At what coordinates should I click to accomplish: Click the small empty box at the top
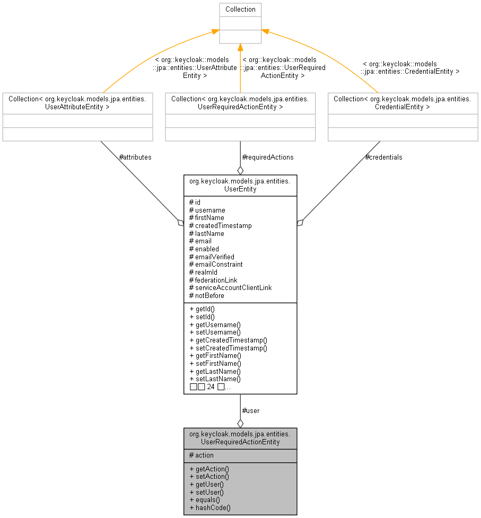(x=240, y=23)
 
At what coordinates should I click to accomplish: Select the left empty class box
(x=77, y=117)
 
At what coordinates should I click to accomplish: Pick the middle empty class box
(x=240, y=117)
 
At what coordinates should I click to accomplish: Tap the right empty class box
(x=403, y=117)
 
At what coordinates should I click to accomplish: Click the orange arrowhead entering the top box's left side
(x=215, y=32)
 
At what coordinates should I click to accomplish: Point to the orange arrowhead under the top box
(x=240, y=48)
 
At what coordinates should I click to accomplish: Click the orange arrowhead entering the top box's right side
(x=265, y=32)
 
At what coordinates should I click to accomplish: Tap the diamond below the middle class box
(x=240, y=170)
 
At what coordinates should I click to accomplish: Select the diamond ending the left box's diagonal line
(x=180, y=223)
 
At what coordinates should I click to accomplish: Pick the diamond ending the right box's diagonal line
(x=300, y=223)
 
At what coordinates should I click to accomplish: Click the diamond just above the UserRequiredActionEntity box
(x=240, y=423)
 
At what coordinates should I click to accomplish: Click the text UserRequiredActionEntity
(x=240, y=442)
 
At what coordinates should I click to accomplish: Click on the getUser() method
(x=206, y=484)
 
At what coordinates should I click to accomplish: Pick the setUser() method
(x=206, y=492)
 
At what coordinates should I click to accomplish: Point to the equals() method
(x=204, y=500)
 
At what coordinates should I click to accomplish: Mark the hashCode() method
(x=209, y=508)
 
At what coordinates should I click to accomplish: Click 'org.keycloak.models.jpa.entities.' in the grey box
(x=240, y=434)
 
